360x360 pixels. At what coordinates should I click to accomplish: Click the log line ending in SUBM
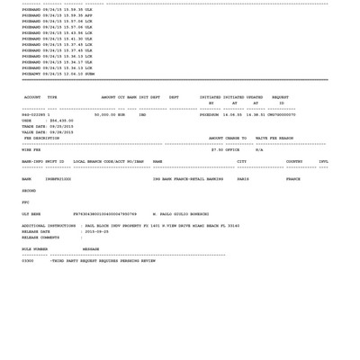58,73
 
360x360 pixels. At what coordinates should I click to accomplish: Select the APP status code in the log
88,15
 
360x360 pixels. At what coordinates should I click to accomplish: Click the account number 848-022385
34,114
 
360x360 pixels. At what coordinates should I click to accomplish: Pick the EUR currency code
122,114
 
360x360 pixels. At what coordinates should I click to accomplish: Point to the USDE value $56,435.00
61,120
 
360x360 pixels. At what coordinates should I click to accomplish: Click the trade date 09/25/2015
61,126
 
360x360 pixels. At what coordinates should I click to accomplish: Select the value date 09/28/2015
61,131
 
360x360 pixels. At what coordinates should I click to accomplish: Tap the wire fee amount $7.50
217,149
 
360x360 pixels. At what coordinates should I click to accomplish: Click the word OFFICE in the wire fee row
232,149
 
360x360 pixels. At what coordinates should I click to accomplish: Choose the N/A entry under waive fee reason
259,149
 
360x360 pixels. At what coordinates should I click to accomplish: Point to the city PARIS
243,178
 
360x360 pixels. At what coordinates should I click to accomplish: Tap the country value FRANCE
293,178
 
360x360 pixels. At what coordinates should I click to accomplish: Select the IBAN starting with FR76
104,213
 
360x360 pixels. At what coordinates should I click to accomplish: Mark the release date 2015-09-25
96,231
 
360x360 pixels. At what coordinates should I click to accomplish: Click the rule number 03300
28,260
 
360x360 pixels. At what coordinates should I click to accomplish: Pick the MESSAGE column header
91,248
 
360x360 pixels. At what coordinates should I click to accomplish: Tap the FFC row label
25,202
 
